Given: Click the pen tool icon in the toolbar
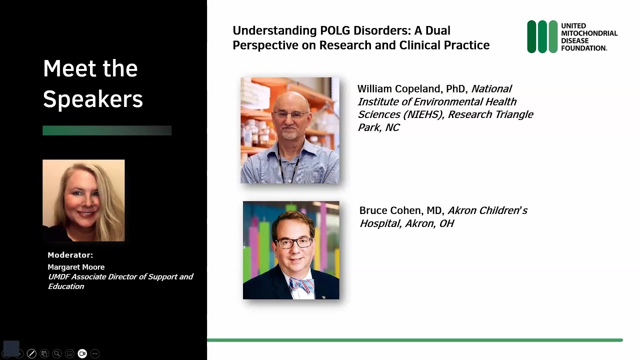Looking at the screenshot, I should click(x=31, y=353).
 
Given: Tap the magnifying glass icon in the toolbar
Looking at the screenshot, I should click(x=57, y=353).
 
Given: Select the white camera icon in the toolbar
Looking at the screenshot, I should click(x=82, y=353).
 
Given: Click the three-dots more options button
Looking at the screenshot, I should click(x=95, y=353).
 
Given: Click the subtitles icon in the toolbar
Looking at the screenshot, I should click(x=69, y=353).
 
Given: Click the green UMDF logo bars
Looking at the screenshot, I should click(x=542, y=36).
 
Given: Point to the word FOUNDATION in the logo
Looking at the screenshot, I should click(x=584, y=48).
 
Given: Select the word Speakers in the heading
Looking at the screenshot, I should click(x=93, y=99).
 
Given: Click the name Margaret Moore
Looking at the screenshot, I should click(x=76, y=267).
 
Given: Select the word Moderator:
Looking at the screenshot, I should click(x=70, y=255).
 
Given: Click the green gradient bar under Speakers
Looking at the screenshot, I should click(x=107, y=130).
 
